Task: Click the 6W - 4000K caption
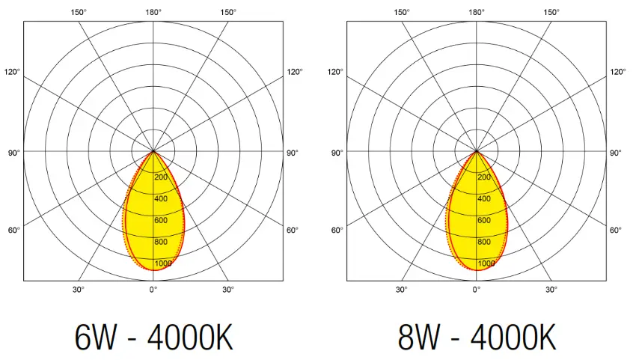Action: click(x=153, y=338)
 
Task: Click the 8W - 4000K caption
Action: click(x=477, y=338)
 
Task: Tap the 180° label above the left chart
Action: click(x=153, y=12)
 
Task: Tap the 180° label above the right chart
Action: click(x=477, y=12)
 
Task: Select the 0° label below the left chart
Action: click(x=153, y=289)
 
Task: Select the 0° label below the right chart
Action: click(x=477, y=289)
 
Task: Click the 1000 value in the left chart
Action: click(x=162, y=263)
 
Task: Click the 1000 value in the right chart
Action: click(x=486, y=263)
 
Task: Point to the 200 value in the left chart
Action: click(x=160, y=177)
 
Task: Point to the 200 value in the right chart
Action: click(x=484, y=177)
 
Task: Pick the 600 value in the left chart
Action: click(x=160, y=220)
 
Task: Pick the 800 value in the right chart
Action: click(x=484, y=242)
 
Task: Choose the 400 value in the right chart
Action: click(x=484, y=199)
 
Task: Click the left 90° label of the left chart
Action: click(x=13, y=153)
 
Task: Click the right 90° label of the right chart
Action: click(x=616, y=153)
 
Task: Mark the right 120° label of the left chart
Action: click(x=295, y=72)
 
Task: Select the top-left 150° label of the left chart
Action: click(x=78, y=12)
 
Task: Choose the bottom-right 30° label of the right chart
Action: click(x=551, y=289)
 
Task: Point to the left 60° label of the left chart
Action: click(x=13, y=230)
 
